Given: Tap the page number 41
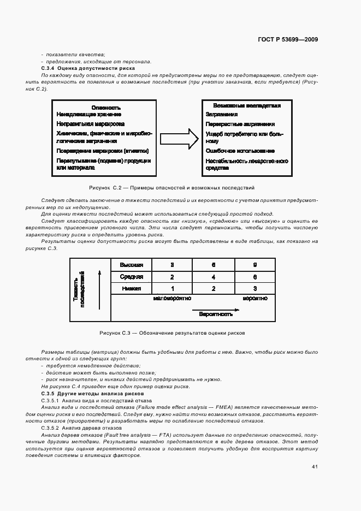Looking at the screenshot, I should [315, 466].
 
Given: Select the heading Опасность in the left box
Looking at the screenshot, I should [106, 108].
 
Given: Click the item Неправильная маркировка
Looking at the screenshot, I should [90, 124].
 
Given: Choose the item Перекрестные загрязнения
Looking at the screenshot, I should [240, 124].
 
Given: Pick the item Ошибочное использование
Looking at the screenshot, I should [240, 151].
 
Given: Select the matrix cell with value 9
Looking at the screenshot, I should [255, 265].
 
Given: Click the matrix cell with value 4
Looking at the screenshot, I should [214, 277].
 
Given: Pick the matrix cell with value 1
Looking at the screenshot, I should [173, 288].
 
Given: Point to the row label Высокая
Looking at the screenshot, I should [131, 265].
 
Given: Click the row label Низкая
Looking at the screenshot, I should [131, 288].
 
